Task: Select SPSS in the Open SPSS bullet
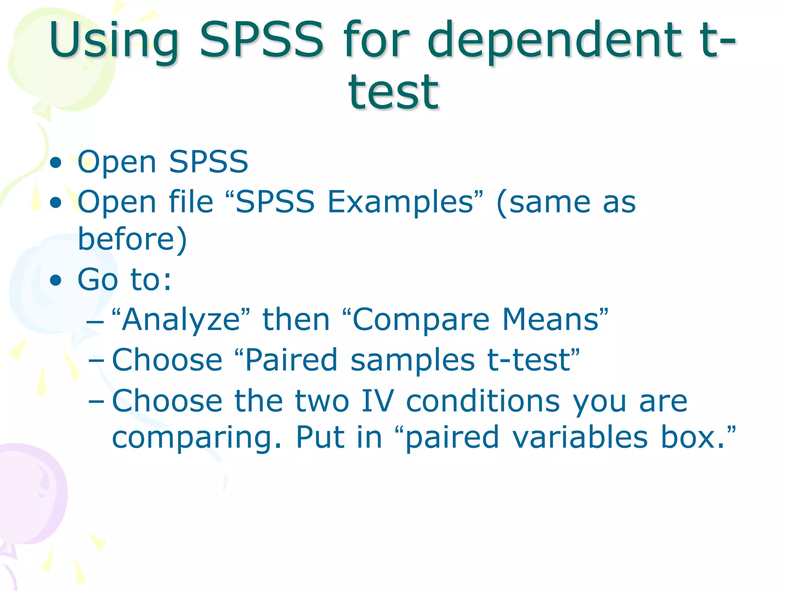coord(209,162)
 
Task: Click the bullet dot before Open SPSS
coord(56,163)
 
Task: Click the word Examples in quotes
coord(400,202)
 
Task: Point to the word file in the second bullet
coord(191,202)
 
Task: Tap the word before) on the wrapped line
coord(132,239)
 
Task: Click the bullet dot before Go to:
coord(56,280)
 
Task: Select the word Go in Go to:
coord(98,280)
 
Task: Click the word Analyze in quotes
coord(181,320)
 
